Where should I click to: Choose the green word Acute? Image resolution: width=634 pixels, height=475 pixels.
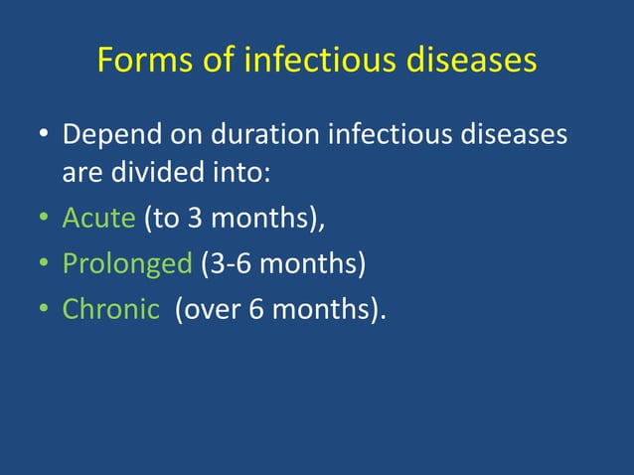[99, 219]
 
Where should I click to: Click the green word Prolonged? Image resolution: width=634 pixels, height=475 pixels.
[126, 264]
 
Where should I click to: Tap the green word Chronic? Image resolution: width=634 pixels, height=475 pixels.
[110, 309]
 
